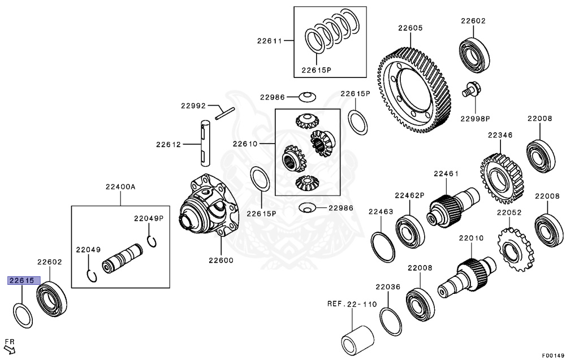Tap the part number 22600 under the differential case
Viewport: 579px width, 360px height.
pos(221,260)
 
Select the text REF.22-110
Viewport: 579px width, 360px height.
pos(352,304)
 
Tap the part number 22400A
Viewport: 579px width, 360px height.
pos(120,186)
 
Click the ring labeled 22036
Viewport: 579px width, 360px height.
pos(390,322)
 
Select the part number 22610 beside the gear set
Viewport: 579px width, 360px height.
pos(244,144)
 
